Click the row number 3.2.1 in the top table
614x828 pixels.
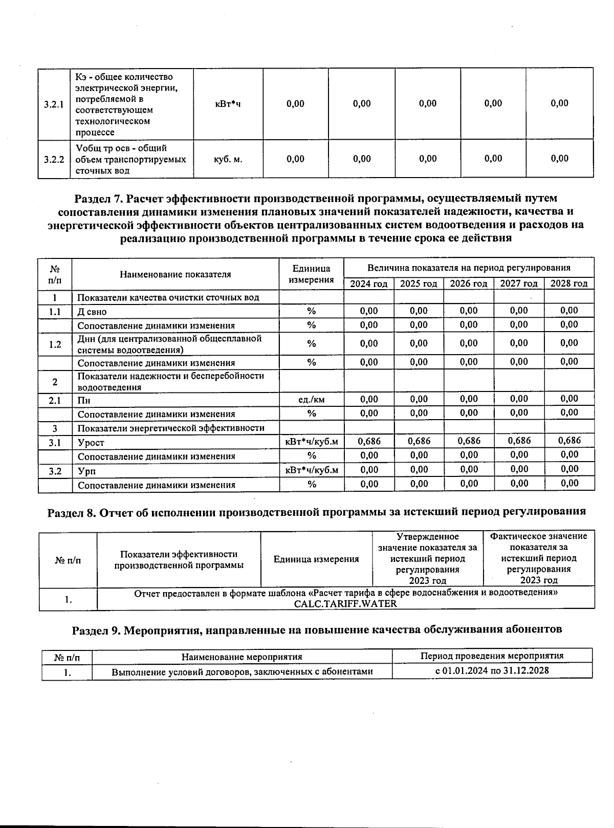pos(54,104)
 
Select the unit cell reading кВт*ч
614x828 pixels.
pos(228,104)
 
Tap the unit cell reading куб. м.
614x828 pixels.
pos(228,159)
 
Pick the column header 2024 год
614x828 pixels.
pos(368,284)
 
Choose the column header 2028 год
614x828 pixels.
pos(569,284)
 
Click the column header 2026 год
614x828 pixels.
pos(468,284)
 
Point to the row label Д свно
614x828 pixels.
pos(92,312)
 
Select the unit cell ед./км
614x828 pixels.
pos(311,400)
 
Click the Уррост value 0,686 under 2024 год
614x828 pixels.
pos(369,441)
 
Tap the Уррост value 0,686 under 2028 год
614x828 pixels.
pos(569,441)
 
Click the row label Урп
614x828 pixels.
pos(86,471)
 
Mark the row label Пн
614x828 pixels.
pos(84,400)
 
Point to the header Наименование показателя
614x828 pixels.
pos(175,274)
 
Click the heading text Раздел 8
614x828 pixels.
pos(72,512)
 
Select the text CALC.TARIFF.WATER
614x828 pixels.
pos(345,603)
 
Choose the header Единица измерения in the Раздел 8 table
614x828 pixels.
pos(316,559)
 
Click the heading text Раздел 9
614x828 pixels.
pos(96,629)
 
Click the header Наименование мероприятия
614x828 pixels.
pos(242,657)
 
